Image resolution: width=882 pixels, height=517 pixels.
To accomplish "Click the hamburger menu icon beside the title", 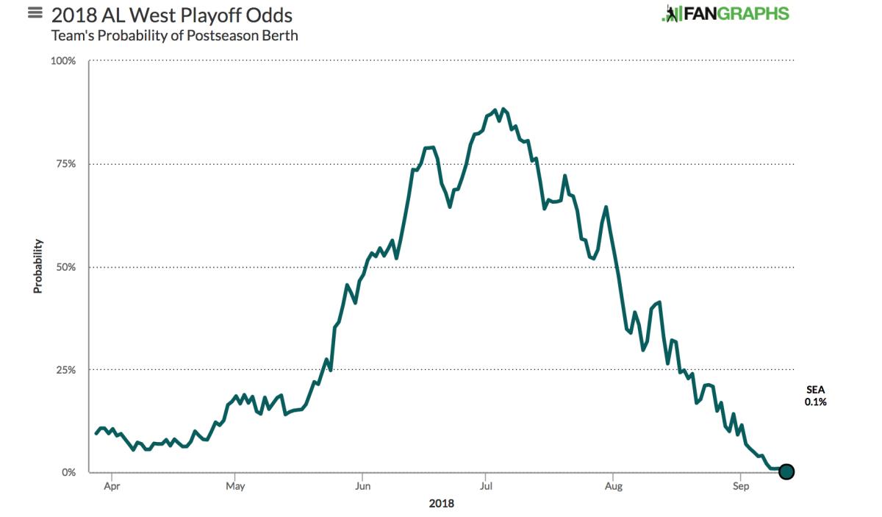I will (35, 13).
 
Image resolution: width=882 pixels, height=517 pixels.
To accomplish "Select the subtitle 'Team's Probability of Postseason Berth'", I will (174, 35).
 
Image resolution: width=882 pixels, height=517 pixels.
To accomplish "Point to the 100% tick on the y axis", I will (63, 61).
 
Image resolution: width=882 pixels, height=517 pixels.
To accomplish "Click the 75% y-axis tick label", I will (65, 164).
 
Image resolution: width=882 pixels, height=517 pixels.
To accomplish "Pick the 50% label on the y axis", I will (65, 267).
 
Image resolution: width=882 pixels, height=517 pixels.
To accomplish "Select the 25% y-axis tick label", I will (65, 370).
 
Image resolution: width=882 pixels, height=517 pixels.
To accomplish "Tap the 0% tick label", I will (68, 473).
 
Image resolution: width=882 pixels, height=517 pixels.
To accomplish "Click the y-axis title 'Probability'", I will (37, 266).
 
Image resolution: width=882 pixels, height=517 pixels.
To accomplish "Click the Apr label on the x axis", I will (112, 486).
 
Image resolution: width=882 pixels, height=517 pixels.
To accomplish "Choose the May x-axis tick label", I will (235, 486).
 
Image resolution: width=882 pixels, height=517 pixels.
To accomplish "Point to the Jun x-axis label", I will (362, 486).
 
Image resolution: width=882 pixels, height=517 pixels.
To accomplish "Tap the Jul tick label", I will (485, 486).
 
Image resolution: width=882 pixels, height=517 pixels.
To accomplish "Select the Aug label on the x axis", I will (613, 486).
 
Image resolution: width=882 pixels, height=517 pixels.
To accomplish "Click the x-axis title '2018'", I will (441, 504).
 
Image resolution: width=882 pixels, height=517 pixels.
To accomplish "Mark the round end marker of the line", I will (786, 471).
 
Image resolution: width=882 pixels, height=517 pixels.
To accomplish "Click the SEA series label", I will (816, 390).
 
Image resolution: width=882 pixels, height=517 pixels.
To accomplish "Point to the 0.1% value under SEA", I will (816, 402).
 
